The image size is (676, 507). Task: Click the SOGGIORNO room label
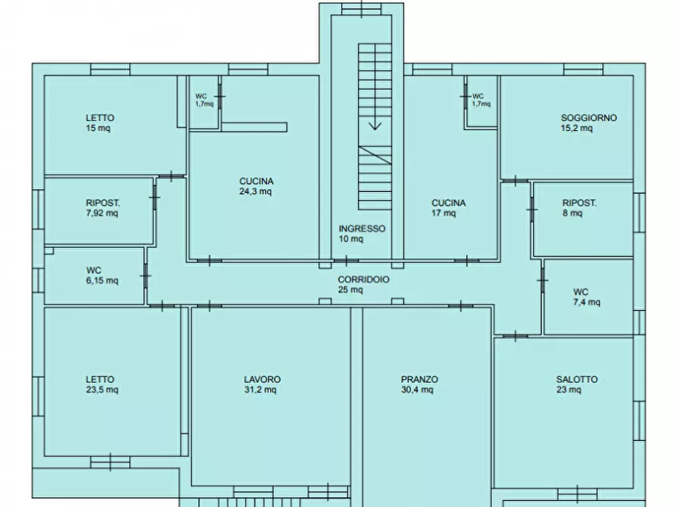click(x=588, y=118)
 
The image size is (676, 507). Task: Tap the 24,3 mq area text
click(x=256, y=191)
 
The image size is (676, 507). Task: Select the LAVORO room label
click(x=262, y=379)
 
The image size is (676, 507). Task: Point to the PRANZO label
click(x=419, y=379)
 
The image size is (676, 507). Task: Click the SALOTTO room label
click(x=577, y=379)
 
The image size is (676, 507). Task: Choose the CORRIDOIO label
click(x=363, y=279)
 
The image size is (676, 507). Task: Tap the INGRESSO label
click(x=362, y=229)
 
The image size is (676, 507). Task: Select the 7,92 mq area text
click(x=101, y=213)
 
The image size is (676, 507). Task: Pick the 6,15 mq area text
click(x=102, y=281)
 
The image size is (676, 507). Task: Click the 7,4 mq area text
click(x=587, y=302)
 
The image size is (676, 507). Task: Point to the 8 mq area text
click(x=572, y=213)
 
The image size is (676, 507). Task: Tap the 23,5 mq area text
click(x=102, y=390)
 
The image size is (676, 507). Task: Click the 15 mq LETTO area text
click(x=98, y=128)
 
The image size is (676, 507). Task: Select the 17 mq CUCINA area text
click(x=444, y=213)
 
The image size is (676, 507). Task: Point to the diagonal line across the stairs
click(x=375, y=156)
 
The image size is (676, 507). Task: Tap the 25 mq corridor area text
click(x=350, y=290)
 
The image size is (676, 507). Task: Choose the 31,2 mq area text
click(x=260, y=390)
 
